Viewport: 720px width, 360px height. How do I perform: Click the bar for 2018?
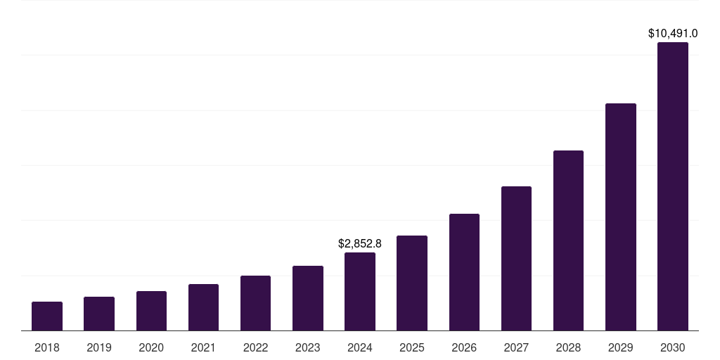coord(47,316)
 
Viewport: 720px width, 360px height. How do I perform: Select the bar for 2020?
coord(151,311)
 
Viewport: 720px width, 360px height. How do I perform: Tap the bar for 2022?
coord(255,303)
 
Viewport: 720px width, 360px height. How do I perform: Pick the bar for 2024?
coord(360,291)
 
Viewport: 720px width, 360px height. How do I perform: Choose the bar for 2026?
coord(464,272)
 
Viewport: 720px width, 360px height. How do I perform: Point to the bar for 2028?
coord(568,240)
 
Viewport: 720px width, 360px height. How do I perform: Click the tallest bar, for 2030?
coord(673,186)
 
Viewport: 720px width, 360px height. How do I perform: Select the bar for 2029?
coord(621,217)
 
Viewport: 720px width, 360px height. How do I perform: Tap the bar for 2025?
coord(412,283)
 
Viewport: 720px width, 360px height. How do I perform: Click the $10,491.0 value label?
coord(673,33)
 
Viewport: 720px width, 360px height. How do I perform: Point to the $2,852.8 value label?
coord(360,244)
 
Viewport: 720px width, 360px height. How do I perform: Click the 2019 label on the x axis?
coord(99,347)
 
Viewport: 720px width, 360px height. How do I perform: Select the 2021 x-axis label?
coord(203,347)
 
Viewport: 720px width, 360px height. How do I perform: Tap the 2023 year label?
coord(308,347)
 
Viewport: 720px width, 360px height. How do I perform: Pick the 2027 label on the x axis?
coord(516,347)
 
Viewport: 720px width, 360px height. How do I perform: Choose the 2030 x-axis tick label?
coord(673,347)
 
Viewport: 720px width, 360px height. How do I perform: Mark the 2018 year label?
coord(47,347)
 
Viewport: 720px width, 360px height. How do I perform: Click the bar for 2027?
coord(516,258)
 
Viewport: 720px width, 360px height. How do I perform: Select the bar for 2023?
coord(308,298)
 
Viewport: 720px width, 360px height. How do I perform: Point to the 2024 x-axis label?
coord(360,347)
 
